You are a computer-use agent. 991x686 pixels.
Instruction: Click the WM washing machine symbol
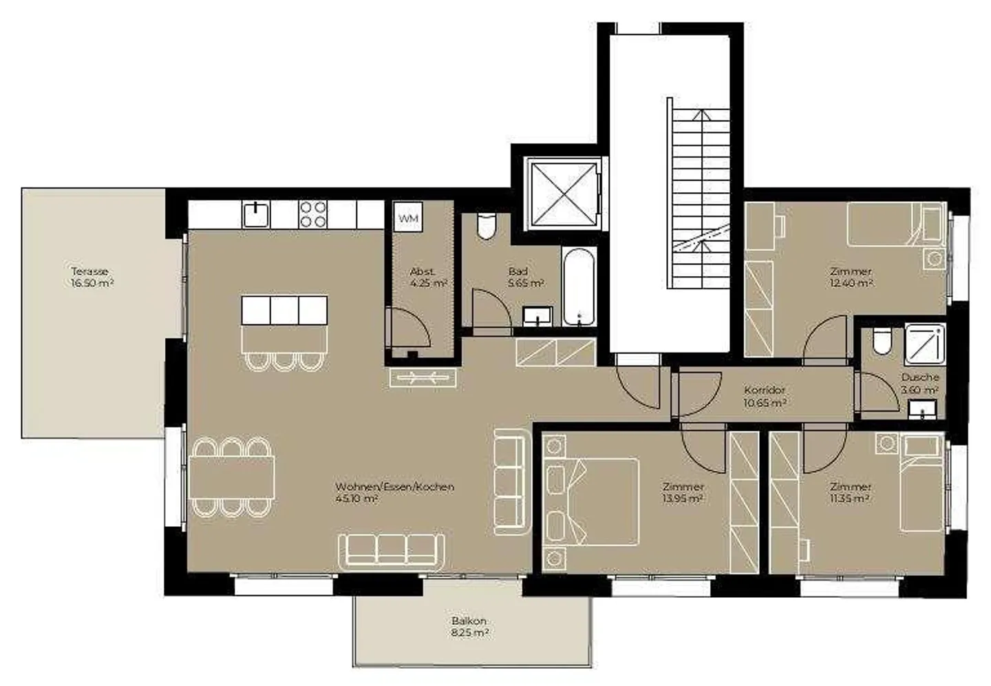pos(408,217)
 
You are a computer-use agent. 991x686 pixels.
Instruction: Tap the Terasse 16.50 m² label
pos(92,278)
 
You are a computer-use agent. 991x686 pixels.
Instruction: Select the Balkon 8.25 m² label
pos(469,627)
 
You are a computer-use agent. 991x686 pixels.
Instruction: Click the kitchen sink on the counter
pos(256,214)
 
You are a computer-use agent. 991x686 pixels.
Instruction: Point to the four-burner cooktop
pos(312,214)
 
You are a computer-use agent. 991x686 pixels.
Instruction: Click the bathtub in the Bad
pos(579,287)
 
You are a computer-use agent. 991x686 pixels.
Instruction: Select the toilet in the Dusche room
pos(882,342)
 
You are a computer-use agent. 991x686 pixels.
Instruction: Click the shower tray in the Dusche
pos(925,344)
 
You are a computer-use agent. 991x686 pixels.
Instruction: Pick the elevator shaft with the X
pos(563,194)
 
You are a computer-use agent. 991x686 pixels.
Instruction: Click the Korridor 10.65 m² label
pos(765,396)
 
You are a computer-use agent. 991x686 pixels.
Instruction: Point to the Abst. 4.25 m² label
pos(428,278)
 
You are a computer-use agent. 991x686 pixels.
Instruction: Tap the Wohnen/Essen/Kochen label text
pos(394,487)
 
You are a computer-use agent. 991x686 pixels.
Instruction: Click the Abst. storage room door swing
pos(407,328)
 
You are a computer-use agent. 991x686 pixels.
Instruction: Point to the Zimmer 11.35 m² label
pos(851,492)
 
